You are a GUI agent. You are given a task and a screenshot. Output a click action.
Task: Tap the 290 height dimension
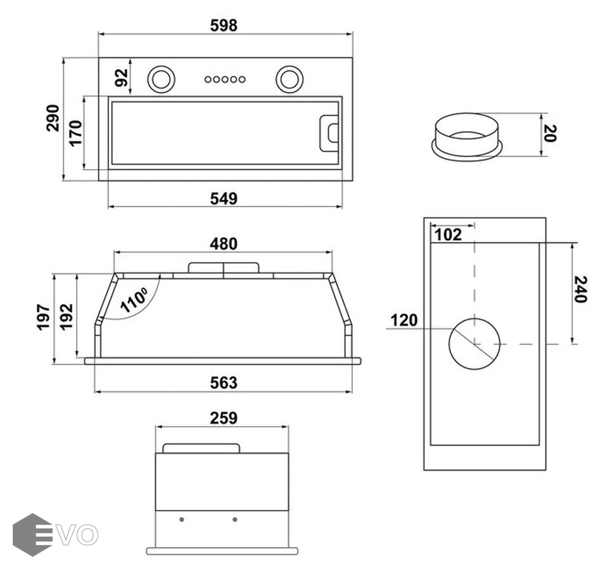(x=53, y=118)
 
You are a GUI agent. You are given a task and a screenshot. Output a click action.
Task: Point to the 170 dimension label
(x=75, y=133)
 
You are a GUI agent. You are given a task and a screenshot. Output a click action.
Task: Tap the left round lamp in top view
(x=160, y=79)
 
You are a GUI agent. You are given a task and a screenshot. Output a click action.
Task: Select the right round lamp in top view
(x=289, y=79)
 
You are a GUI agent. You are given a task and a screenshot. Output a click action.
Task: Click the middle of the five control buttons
(x=224, y=79)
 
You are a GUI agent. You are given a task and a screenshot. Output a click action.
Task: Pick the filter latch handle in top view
(x=329, y=133)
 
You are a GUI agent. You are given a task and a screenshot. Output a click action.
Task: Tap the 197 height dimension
(x=43, y=318)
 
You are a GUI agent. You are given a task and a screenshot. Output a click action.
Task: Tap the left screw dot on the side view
(x=182, y=519)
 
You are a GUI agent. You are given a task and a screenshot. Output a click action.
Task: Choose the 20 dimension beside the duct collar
(x=550, y=133)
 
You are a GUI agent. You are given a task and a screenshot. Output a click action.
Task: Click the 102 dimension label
(x=449, y=235)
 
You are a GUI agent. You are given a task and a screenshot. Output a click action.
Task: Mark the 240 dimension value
(x=579, y=289)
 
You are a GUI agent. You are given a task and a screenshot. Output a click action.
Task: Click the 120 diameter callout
(x=404, y=320)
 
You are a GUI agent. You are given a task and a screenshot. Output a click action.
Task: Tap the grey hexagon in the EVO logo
(x=32, y=535)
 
